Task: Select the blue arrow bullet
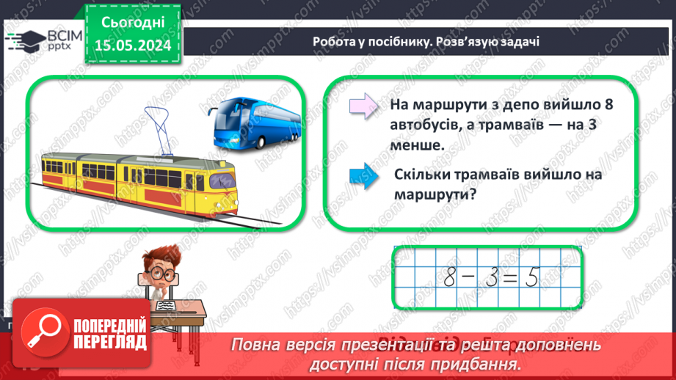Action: pos(362,178)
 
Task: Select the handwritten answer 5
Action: pos(533,277)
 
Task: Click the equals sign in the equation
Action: pos(513,277)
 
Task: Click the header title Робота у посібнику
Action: pos(369,42)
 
